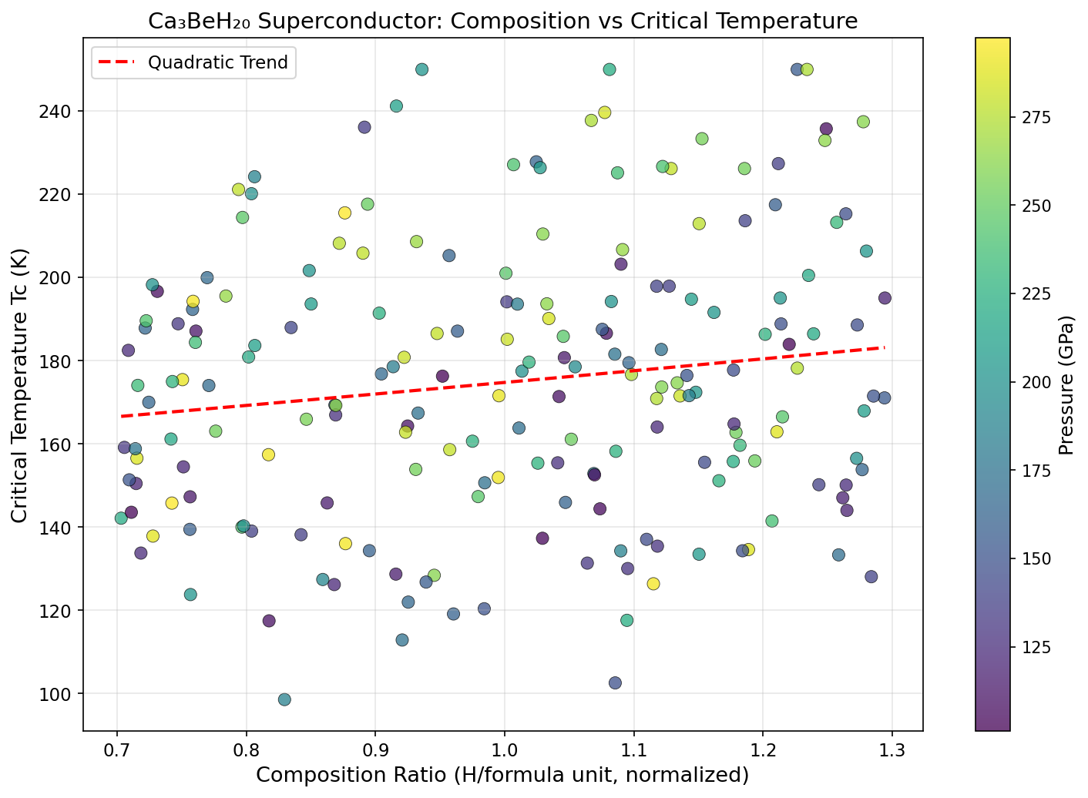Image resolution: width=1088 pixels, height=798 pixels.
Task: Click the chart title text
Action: coord(502,21)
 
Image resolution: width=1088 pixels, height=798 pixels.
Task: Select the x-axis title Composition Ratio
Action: coord(502,775)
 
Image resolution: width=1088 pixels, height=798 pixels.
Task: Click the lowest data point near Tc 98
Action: coord(284,699)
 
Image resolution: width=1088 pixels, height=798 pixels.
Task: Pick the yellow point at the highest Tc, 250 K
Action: coord(807,69)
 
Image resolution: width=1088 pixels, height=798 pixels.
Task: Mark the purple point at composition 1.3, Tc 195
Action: coord(885,298)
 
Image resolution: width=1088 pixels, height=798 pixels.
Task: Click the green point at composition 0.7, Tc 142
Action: coord(121,518)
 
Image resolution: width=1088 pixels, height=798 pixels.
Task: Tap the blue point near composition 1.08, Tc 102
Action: coord(615,682)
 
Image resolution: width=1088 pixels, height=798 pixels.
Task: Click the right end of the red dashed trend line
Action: coord(885,347)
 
